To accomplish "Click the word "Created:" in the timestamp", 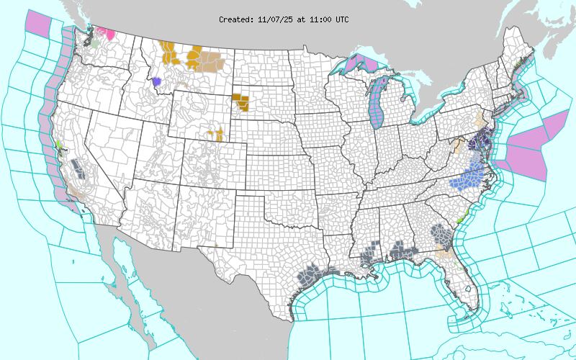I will (236, 19).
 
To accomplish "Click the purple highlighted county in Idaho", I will (157, 81).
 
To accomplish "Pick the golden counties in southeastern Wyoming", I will (216, 134).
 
